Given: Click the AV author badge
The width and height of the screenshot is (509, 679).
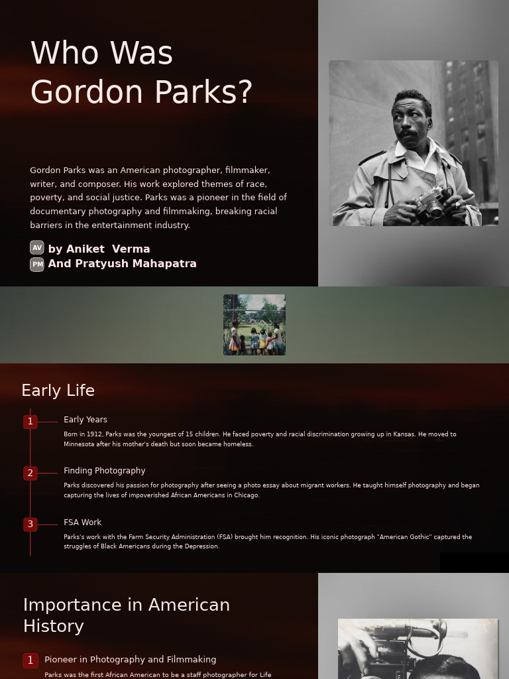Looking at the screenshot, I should [x=37, y=248].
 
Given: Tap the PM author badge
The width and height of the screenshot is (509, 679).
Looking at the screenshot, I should [x=37, y=264].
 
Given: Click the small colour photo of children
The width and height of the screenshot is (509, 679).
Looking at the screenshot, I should [x=254, y=325].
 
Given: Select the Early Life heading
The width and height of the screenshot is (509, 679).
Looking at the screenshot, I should [x=58, y=391].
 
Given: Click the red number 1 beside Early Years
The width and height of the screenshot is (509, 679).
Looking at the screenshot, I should [x=30, y=422].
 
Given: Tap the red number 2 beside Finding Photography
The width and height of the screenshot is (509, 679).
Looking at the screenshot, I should [x=30, y=473].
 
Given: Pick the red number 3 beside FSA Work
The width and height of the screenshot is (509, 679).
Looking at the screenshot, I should [x=30, y=525].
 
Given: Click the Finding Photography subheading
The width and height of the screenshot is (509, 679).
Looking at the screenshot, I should [x=105, y=471].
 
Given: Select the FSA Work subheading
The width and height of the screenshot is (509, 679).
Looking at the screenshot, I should [x=83, y=523].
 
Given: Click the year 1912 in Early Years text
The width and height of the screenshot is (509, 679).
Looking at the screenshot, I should [x=95, y=434].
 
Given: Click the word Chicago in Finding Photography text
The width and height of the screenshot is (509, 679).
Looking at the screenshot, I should [x=245, y=495].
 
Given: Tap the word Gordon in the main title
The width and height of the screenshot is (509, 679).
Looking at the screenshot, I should [x=77, y=92].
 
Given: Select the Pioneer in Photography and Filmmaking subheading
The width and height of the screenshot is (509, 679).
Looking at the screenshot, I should [x=131, y=660].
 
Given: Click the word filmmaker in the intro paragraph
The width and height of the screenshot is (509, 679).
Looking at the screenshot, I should [x=247, y=170].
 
